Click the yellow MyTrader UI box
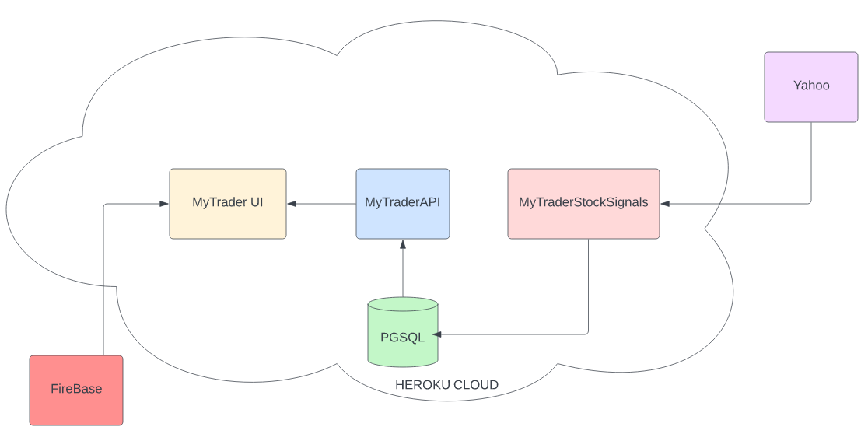click(x=228, y=204)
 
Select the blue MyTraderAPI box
click(x=403, y=204)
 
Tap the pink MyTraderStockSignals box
click(x=583, y=204)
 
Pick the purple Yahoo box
click(x=811, y=87)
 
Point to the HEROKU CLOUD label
click(x=446, y=385)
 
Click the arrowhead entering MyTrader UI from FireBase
click(x=164, y=204)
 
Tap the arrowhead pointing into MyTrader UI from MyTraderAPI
click(x=292, y=204)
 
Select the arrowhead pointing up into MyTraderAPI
click(x=403, y=244)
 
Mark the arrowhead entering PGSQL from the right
click(x=437, y=334)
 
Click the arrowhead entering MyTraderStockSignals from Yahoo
click(x=665, y=204)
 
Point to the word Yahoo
click(x=811, y=86)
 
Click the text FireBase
click(x=76, y=389)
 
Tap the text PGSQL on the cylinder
click(x=402, y=338)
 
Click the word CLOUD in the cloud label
click(x=477, y=385)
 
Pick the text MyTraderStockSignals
click(x=583, y=202)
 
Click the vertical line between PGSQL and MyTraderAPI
click(x=403, y=272)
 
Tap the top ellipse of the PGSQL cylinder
click(x=402, y=304)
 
